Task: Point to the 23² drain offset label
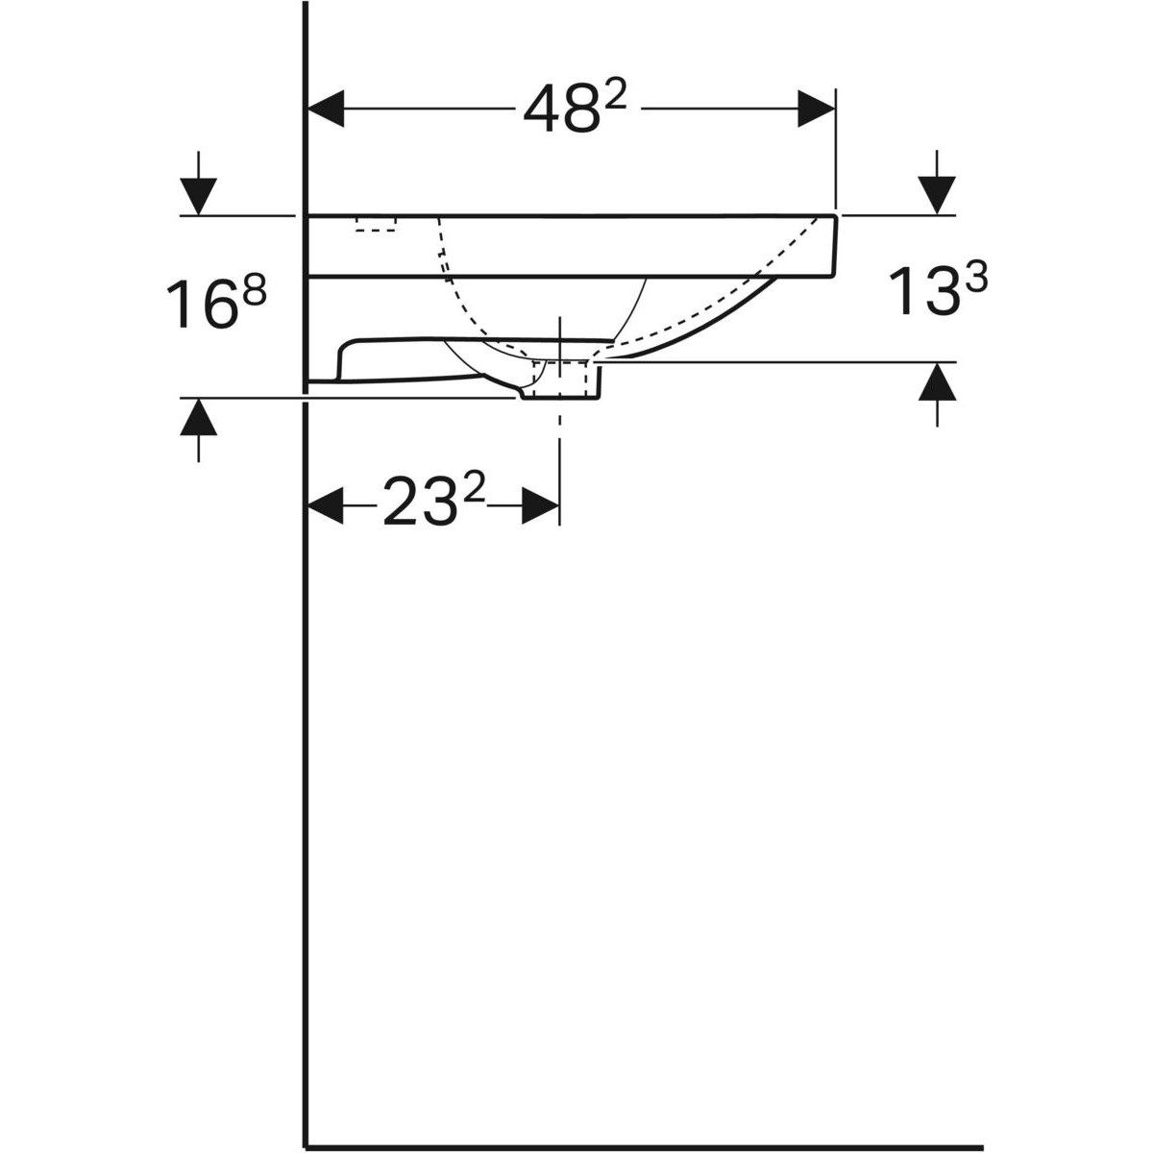pos(433,503)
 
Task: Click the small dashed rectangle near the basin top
pos(376,224)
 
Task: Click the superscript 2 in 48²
pos(615,94)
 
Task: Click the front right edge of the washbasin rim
pos(834,245)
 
